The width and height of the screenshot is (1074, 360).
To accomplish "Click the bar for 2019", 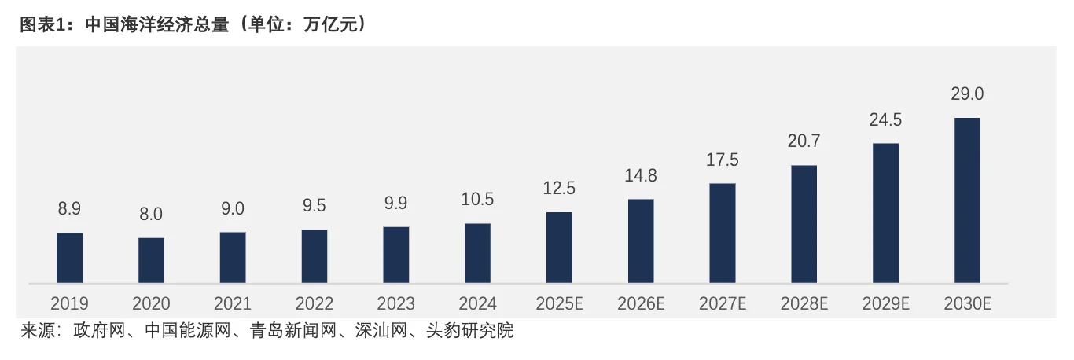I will (x=69, y=257).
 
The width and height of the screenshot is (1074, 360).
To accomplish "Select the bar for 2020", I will (x=151, y=259).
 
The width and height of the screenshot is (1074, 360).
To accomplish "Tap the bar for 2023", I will (x=395, y=254).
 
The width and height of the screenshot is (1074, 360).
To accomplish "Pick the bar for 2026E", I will (x=641, y=241).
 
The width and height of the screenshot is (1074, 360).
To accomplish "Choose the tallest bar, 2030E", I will (x=967, y=200).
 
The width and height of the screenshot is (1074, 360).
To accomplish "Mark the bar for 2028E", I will (x=804, y=223).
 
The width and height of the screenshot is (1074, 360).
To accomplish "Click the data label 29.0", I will (x=967, y=94).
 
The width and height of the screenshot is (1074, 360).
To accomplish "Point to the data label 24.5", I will (x=885, y=120).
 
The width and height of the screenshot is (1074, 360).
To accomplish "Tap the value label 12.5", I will (x=559, y=189).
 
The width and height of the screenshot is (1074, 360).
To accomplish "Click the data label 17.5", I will (x=723, y=160).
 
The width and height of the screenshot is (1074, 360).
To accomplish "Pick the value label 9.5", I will (x=314, y=207).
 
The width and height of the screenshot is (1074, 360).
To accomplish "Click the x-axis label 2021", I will (x=233, y=303).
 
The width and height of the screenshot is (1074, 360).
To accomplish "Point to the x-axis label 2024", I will (x=477, y=303).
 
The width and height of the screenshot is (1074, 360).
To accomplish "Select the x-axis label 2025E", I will (x=559, y=303).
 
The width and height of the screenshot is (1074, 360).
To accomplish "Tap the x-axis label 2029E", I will (x=885, y=303).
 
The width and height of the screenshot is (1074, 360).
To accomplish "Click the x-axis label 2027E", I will (x=723, y=303).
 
